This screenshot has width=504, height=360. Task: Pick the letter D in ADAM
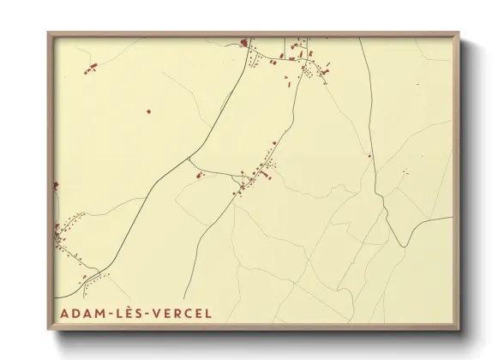tap(75, 313)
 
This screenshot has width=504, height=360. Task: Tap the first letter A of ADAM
tap(64, 313)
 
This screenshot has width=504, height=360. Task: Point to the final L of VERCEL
tap(207, 313)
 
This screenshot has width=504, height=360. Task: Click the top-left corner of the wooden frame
tap(48, 33)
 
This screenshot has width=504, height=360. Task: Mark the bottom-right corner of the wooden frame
tap(459, 330)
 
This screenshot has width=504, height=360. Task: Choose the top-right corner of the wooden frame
tap(459, 33)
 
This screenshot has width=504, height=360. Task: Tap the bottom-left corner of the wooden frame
tap(48, 330)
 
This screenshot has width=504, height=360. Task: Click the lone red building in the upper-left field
tap(147, 111)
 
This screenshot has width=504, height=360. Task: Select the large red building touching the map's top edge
tap(243, 41)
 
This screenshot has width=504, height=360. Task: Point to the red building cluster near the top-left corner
tap(91, 67)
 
